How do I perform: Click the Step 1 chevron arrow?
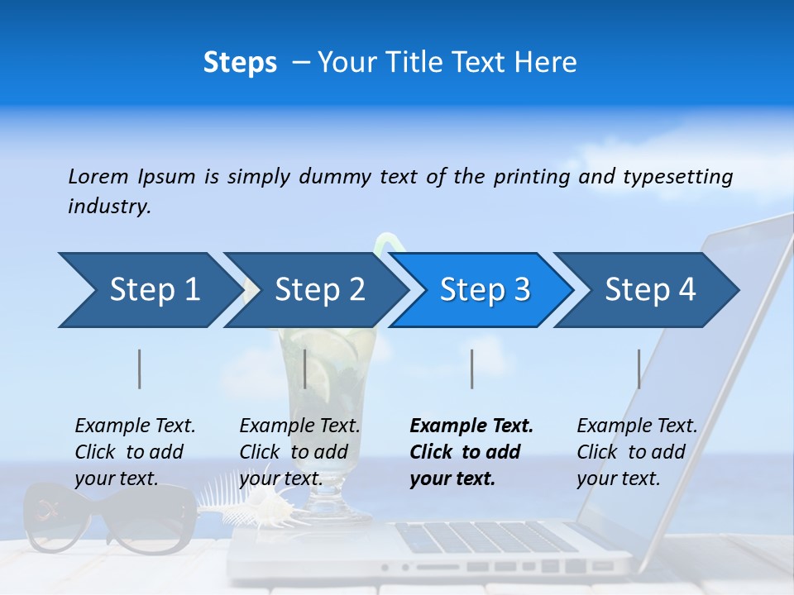click(149, 290)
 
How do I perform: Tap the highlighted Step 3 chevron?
click(482, 290)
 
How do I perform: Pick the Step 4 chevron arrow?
click(648, 290)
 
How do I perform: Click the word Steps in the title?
click(240, 63)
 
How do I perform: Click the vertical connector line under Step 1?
click(140, 369)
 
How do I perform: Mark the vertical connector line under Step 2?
click(305, 369)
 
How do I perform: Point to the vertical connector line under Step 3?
click(471, 369)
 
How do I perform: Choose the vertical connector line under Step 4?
click(639, 369)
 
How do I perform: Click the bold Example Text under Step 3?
click(471, 452)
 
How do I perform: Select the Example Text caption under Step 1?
click(135, 452)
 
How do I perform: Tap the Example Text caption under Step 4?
click(637, 452)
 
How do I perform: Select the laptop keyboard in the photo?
click(488, 537)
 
